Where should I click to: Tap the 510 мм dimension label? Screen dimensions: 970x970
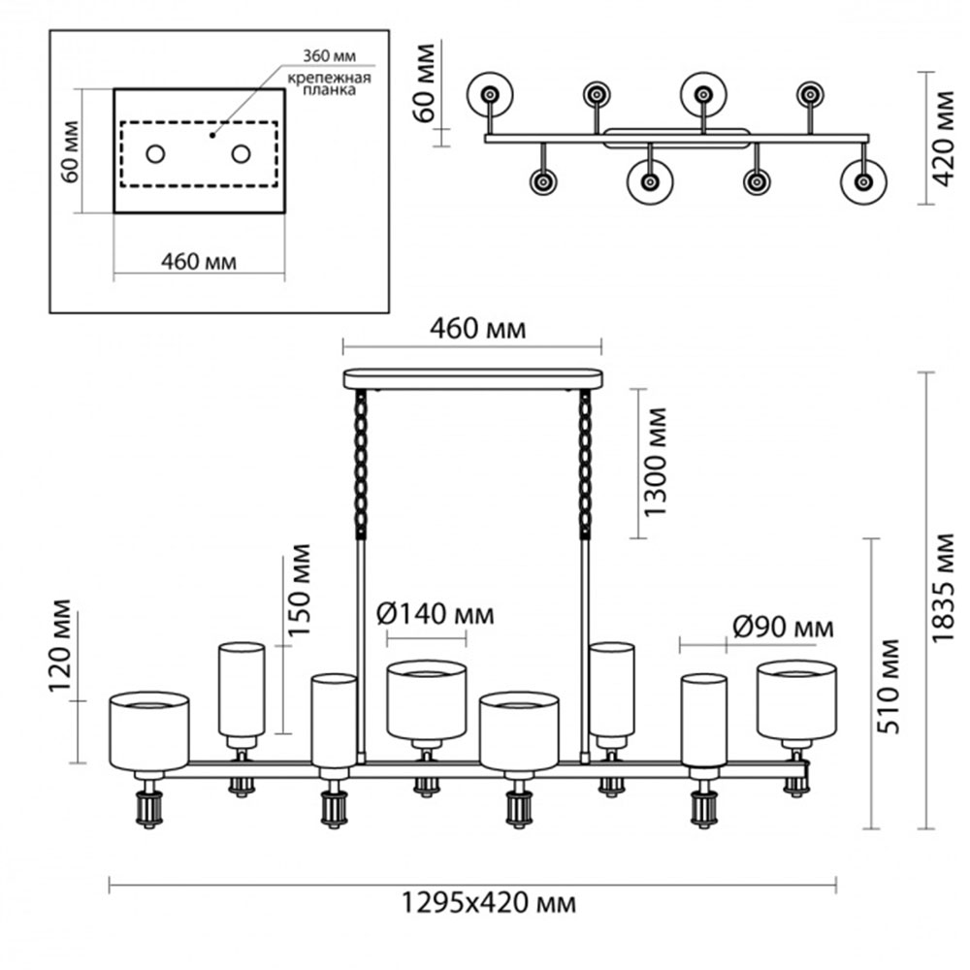coord(889,686)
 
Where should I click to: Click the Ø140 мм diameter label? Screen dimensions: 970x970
coord(434,613)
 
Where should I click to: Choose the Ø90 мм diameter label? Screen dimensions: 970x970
coord(782,628)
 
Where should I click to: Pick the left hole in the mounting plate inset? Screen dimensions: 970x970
coord(155,153)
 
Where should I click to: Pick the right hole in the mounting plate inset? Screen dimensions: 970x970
coord(241,153)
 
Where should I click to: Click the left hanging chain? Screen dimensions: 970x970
coord(362,462)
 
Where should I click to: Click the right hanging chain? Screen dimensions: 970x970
coord(585,462)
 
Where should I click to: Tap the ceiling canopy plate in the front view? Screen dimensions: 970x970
coord(472,378)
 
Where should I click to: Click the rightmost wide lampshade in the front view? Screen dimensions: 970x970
coord(796,698)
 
